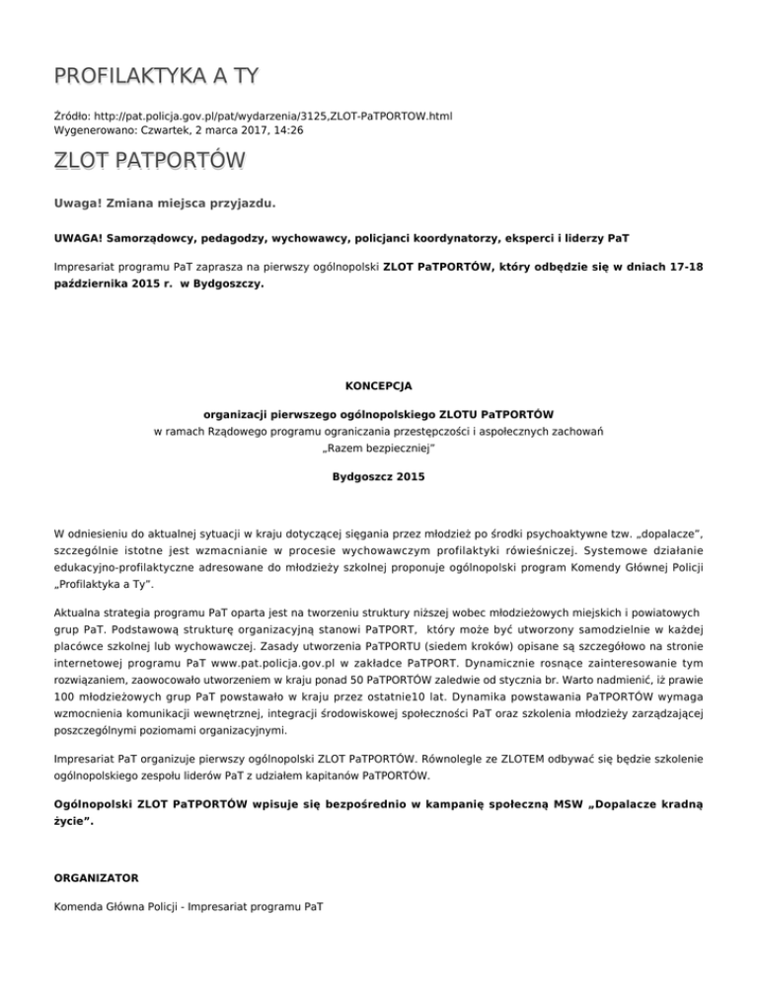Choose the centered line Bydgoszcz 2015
pyautogui.click(x=379, y=476)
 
